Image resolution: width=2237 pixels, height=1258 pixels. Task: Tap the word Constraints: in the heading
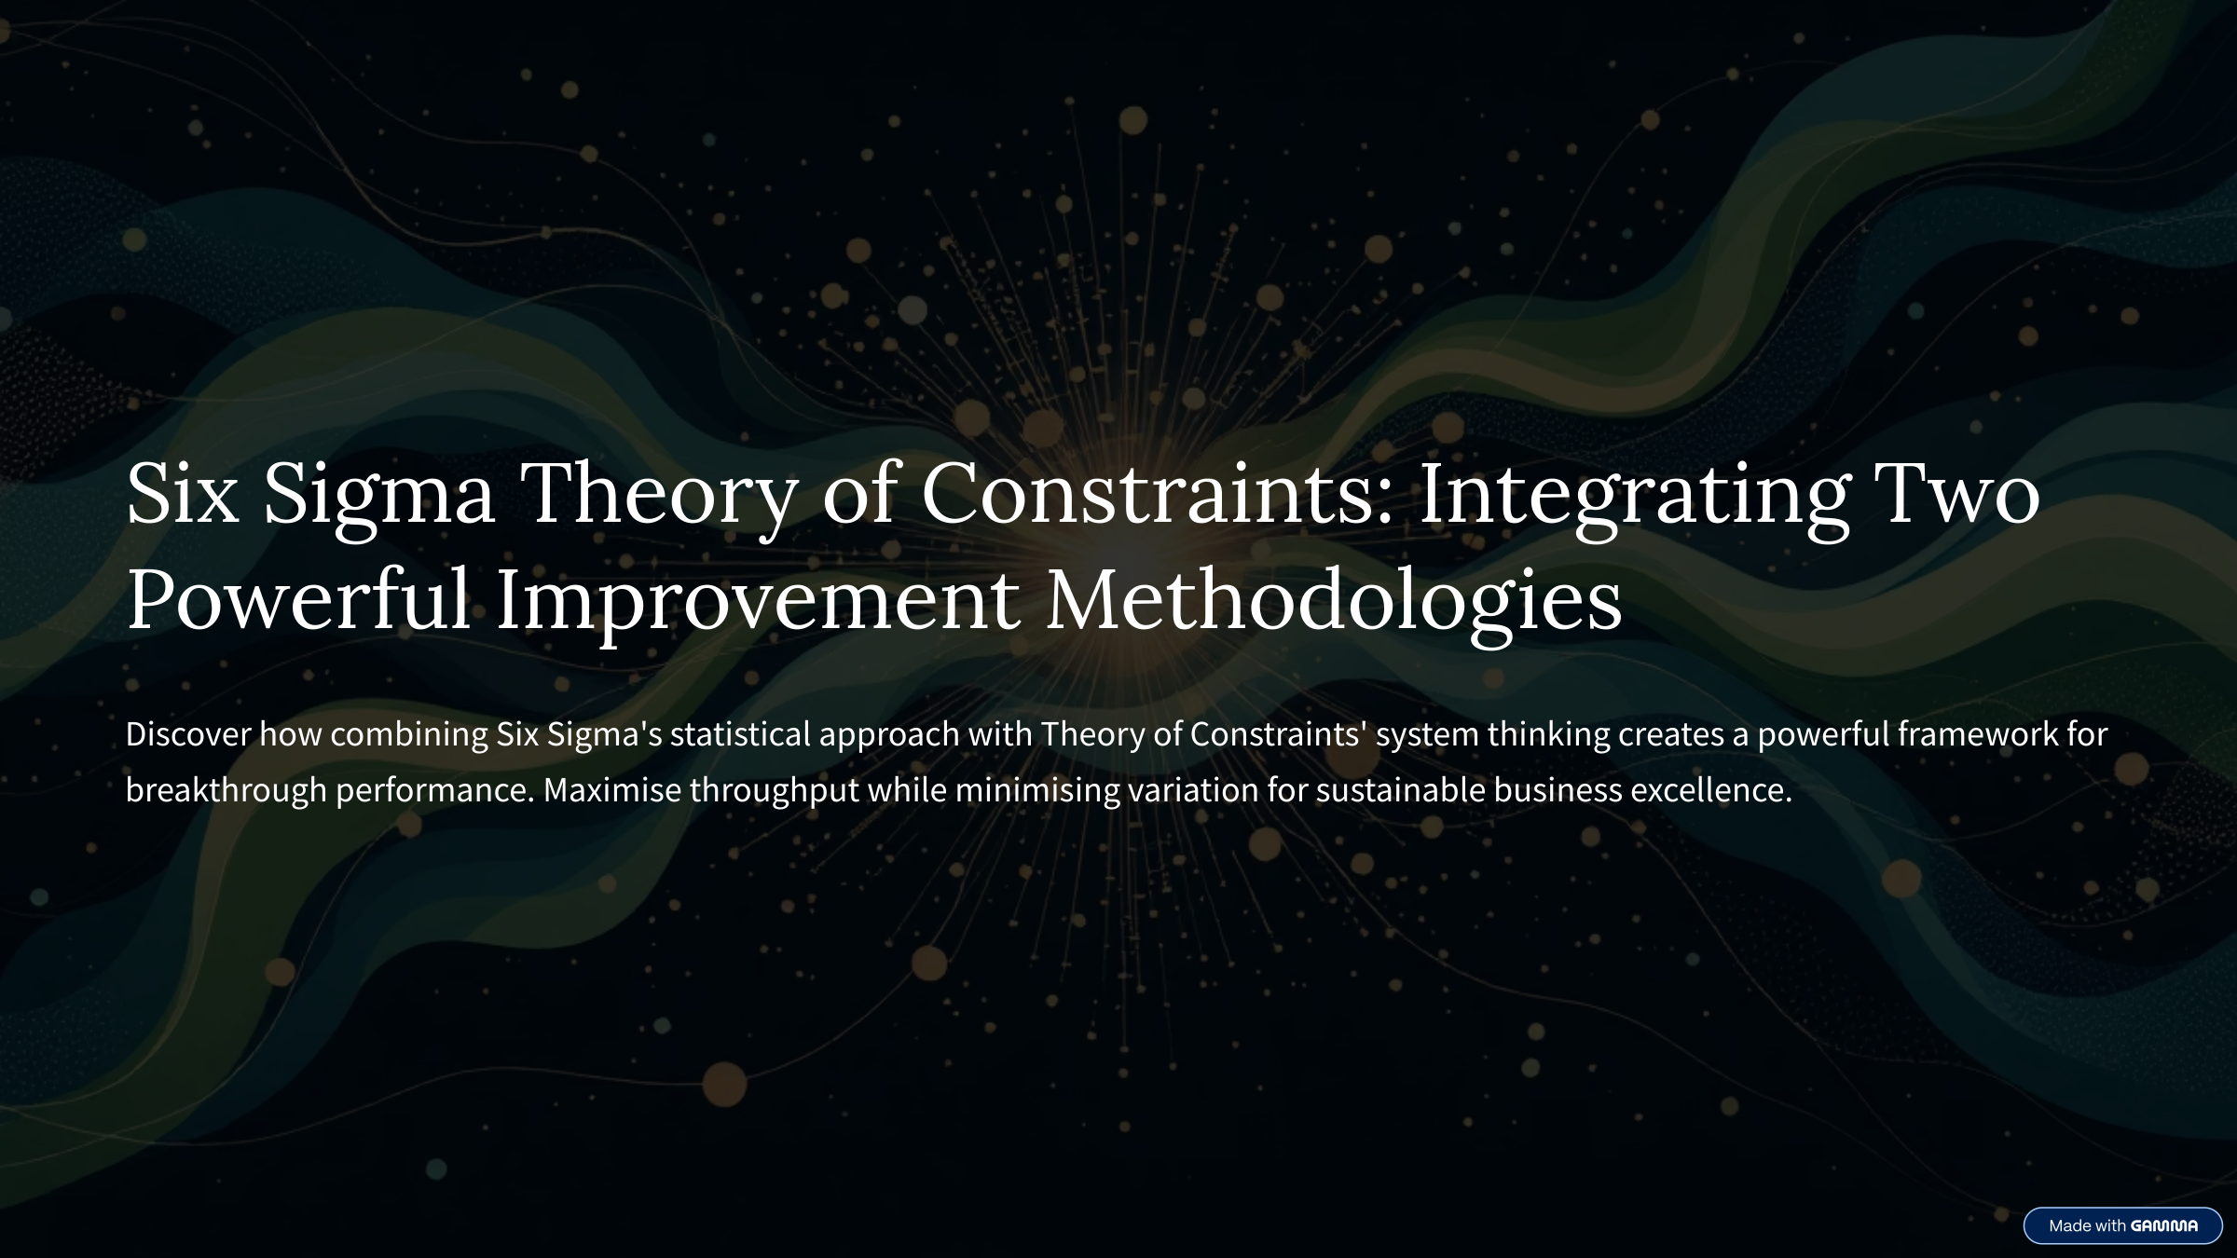click(x=1157, y=493)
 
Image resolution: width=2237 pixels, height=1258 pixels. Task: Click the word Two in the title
click(x=1956, y=493)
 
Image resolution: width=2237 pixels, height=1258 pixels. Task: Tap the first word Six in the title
click(x=182, y=493)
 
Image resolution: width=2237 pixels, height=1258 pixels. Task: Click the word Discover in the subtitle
click(x=188, y=734)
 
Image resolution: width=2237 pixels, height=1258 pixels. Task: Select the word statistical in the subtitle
click(x=740, y=734)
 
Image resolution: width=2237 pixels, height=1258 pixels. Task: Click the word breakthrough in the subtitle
click(x=226, y=791)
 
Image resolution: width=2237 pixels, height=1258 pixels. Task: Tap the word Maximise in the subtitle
click(x=612, y=790)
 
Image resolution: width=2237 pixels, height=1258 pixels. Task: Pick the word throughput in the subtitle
click(x=775, y=791)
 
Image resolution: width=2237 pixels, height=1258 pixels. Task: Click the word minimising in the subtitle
click(x=1037, y=791)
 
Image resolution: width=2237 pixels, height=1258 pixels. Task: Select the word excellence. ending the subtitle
click(x=1711, y=790)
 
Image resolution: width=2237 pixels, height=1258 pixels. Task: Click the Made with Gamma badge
click(x=2122, y=1225)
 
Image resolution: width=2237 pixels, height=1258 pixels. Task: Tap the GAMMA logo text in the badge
click(x=2164, y=1225)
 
